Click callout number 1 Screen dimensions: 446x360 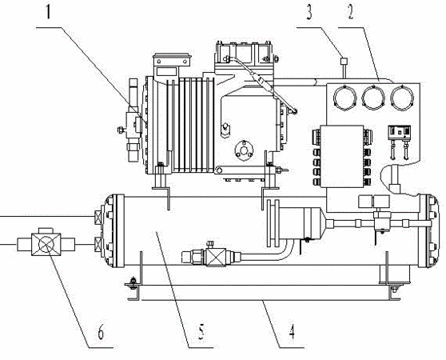48,12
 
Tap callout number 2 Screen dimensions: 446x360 351,13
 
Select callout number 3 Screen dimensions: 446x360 309,13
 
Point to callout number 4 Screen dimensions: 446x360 291,332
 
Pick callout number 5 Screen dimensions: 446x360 201,332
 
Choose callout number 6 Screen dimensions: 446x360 101,332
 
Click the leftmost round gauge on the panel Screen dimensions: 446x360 344,97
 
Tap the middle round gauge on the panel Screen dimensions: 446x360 373,97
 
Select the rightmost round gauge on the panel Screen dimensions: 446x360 402,97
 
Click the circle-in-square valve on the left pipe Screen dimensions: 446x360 46,245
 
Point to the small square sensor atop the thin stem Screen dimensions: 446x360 344,61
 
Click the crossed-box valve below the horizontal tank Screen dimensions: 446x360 216,258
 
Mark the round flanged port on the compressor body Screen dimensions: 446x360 244,150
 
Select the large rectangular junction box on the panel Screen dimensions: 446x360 342,156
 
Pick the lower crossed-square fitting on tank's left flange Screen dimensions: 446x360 98,244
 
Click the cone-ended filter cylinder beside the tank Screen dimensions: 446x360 302,223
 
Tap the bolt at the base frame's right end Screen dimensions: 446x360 394,290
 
